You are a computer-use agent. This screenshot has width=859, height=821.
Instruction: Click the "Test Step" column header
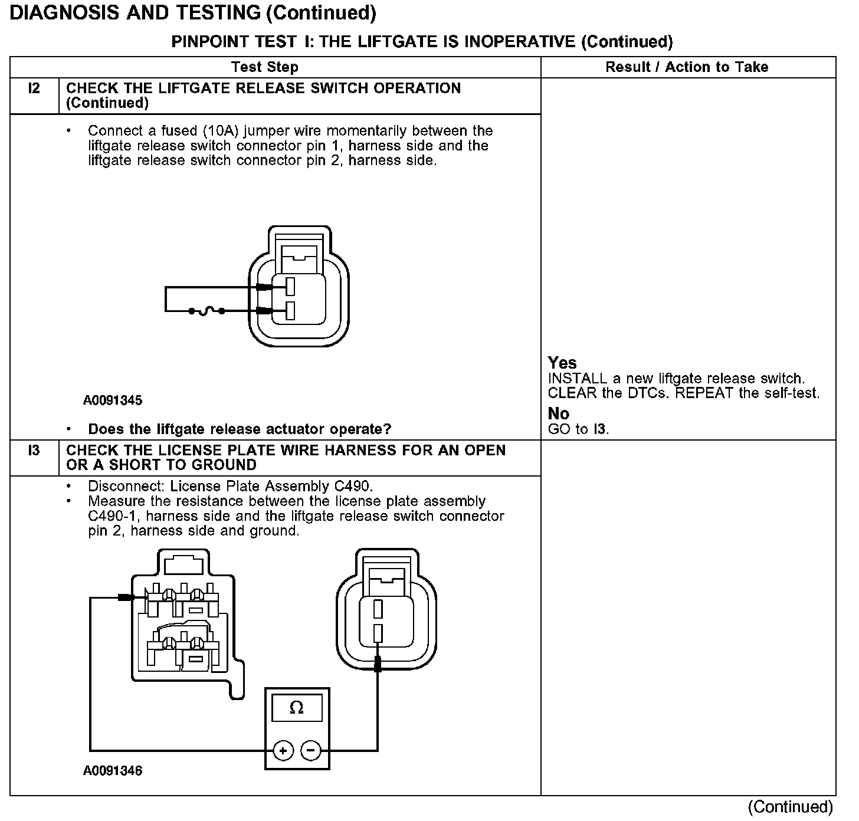click(264, 67)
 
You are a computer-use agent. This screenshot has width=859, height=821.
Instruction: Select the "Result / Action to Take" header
click(687, 67)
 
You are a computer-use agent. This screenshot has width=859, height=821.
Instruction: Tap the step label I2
click(34, 88)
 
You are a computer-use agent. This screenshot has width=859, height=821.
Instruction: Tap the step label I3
click(34, 451)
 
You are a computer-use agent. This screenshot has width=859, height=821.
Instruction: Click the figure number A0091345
click(113, 400)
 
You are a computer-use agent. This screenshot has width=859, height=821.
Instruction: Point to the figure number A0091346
click(113, 771)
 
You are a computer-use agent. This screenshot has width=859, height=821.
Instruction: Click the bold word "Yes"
click(562, 363)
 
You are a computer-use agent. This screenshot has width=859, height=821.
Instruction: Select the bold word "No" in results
click(559, 413)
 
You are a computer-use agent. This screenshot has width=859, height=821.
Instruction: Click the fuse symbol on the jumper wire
click(205, 311)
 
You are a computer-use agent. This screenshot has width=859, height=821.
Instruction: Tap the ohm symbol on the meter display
click(297, 708)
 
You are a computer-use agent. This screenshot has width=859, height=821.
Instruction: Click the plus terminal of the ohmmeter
click(283, 751)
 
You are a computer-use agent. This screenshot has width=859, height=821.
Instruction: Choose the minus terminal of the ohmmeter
click(311, 751)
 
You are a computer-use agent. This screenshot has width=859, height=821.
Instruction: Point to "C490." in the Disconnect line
click(353, 487)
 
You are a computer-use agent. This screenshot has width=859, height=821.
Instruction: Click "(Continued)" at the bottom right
click(791, 807)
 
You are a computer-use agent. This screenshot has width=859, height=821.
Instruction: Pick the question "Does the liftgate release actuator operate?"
click(240, 429)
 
